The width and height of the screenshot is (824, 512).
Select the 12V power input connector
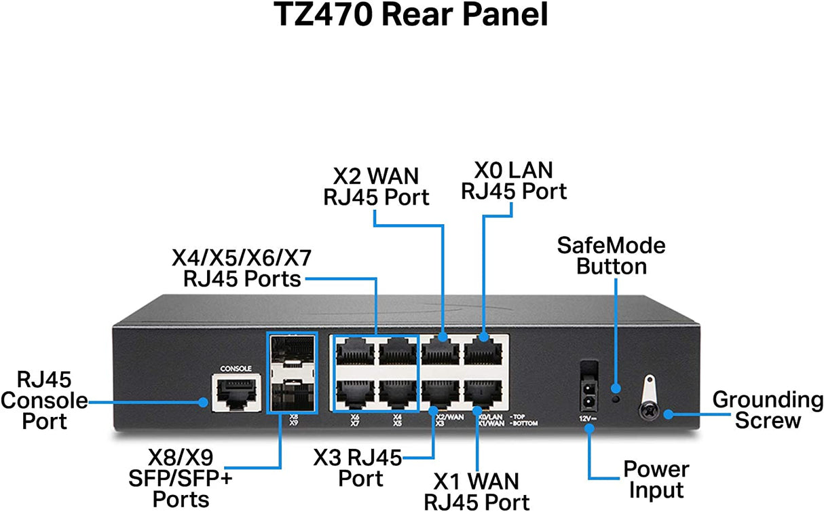point(588,387)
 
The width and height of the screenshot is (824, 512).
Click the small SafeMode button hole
point(616,399)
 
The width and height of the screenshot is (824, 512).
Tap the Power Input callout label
point(656,479)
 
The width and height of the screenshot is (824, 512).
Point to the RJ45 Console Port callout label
point(44,401)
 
